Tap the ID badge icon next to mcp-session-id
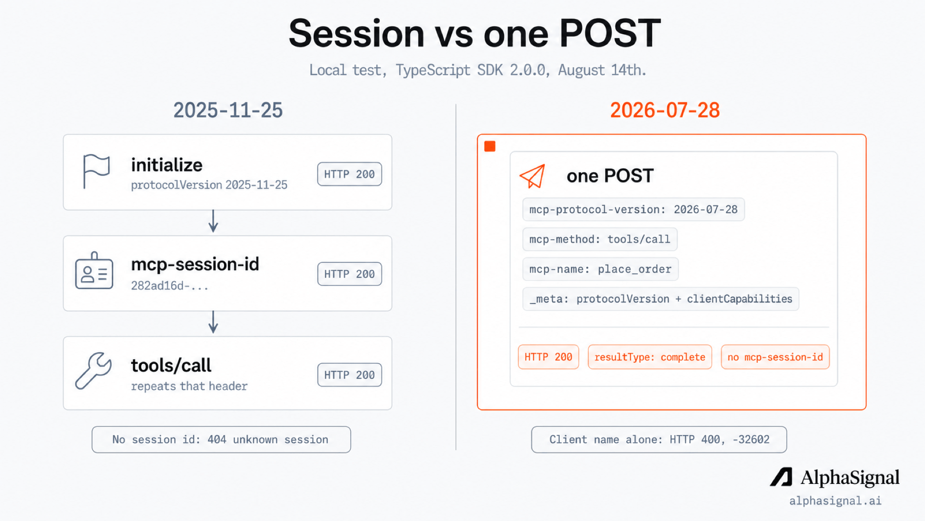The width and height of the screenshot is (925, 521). click(x=94, y=271)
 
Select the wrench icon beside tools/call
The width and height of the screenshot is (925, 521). click(x=93, y=370)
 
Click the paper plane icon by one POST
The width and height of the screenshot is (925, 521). click(x=532, y=176)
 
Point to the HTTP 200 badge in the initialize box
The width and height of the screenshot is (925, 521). click(x=349, y=174)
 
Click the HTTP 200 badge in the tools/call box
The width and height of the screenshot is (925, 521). click(x=349, y=375)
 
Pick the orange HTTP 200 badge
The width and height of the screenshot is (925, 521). click(x=548, y=357)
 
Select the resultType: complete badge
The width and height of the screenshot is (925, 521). click(x=649, y=357)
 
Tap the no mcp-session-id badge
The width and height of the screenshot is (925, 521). click(x=775, y=357)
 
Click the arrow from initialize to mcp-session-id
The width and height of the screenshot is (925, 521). click(x=213, y=221)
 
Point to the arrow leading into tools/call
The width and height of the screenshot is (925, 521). click(x=213, y=322)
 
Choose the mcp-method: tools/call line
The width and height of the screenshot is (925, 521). click(x=600, y=239)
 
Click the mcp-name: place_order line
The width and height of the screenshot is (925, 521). click(x=600, y=269)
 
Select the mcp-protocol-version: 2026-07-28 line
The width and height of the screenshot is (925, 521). click(x=634, y=209)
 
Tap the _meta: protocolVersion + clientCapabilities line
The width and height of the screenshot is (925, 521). click(x=661, y=299)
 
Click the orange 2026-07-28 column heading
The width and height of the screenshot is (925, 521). click(x=665, y=110)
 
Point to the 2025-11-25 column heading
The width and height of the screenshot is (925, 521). click(x=228, y=110)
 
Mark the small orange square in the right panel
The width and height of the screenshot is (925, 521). click(x=490, y=146)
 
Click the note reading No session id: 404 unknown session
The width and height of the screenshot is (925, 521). click(x=221, y=439)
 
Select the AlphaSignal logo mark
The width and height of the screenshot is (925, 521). click(x=781, y=477)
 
